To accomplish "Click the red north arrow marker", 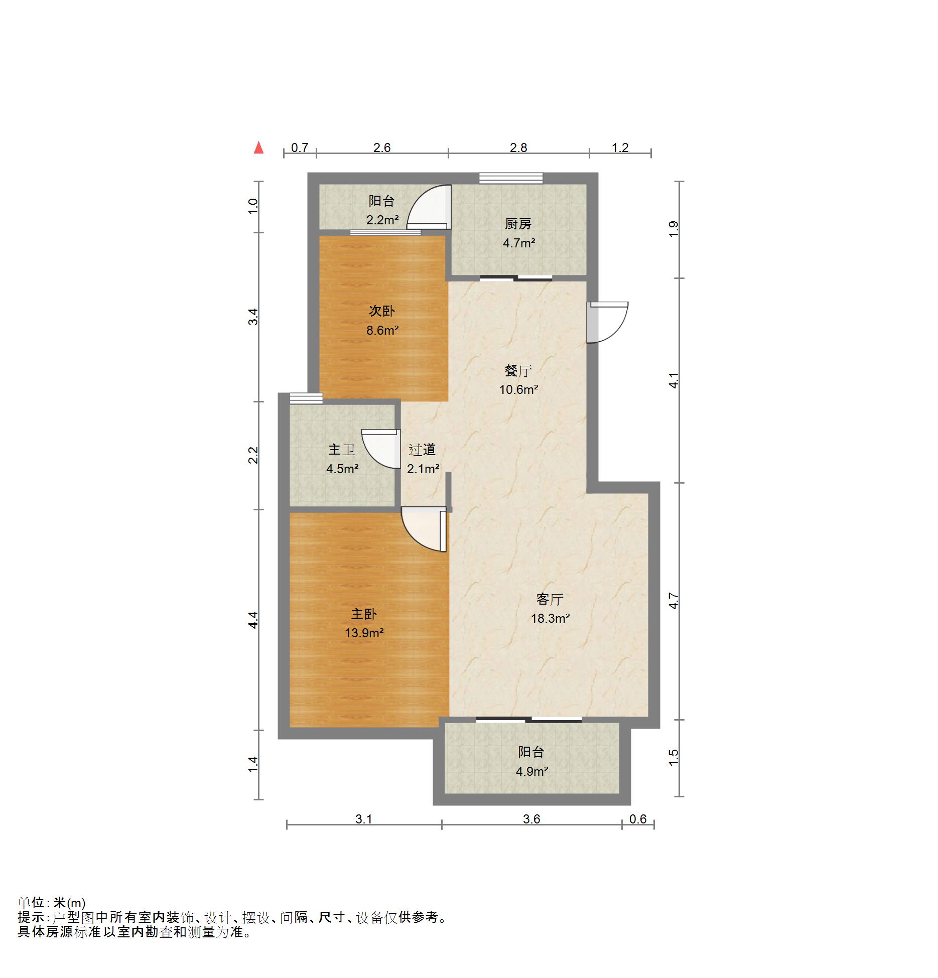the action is pos(258,148).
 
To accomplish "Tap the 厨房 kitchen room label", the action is pos(518,223).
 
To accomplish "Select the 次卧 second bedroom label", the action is pos(381,311).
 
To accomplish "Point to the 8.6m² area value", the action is pos(382,330).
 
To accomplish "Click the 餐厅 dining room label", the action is pos(518,371).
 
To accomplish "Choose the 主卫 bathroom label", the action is pos(342,450).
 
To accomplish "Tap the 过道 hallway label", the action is pos(422,450).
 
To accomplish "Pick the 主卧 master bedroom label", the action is pos(364,614).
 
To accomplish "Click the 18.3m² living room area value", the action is pos(550,618).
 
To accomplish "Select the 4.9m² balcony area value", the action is pos(531,771).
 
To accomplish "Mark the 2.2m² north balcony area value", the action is pos(382,220).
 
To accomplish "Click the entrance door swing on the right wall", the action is pos(607,322).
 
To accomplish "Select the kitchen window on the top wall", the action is pos(511,178).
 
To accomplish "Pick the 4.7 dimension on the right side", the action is pos(674,601).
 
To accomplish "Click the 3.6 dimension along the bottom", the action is pos(531,819).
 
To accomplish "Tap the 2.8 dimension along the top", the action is pos(518,148).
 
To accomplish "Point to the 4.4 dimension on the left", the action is pos(253,620).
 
